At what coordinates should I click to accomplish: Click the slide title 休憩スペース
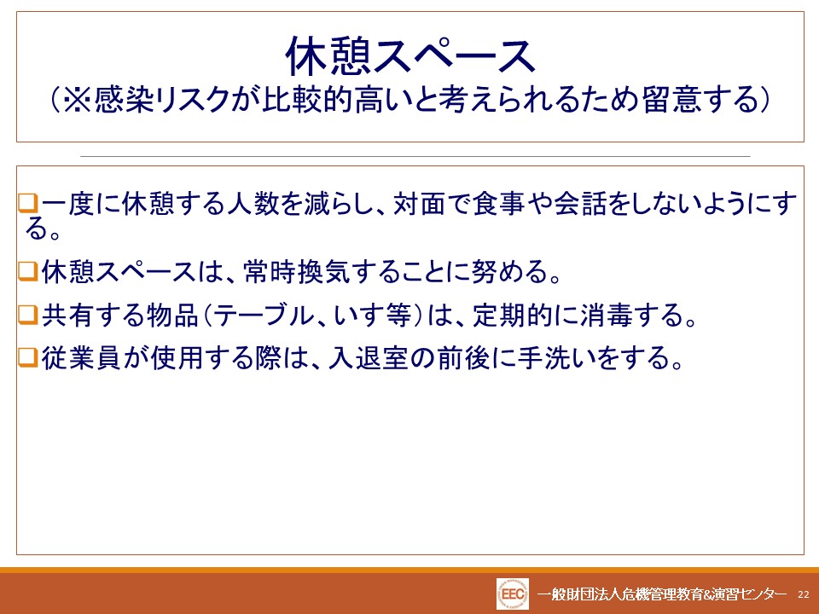[410, 56]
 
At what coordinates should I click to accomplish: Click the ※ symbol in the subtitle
[78, 99]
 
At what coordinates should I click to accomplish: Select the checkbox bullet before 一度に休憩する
[28, 203]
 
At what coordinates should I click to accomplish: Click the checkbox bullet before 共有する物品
[28, 315]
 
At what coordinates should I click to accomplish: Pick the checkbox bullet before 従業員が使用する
[28, 357]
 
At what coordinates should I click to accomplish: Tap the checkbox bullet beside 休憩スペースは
[28, 271]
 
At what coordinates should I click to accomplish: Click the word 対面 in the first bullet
[418, 203]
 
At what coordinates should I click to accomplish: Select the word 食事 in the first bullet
[499, 203]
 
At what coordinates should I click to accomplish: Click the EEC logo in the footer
[513, 594]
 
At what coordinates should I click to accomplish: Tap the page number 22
[804, 594]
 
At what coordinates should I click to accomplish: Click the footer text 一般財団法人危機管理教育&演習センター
[662, 594]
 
